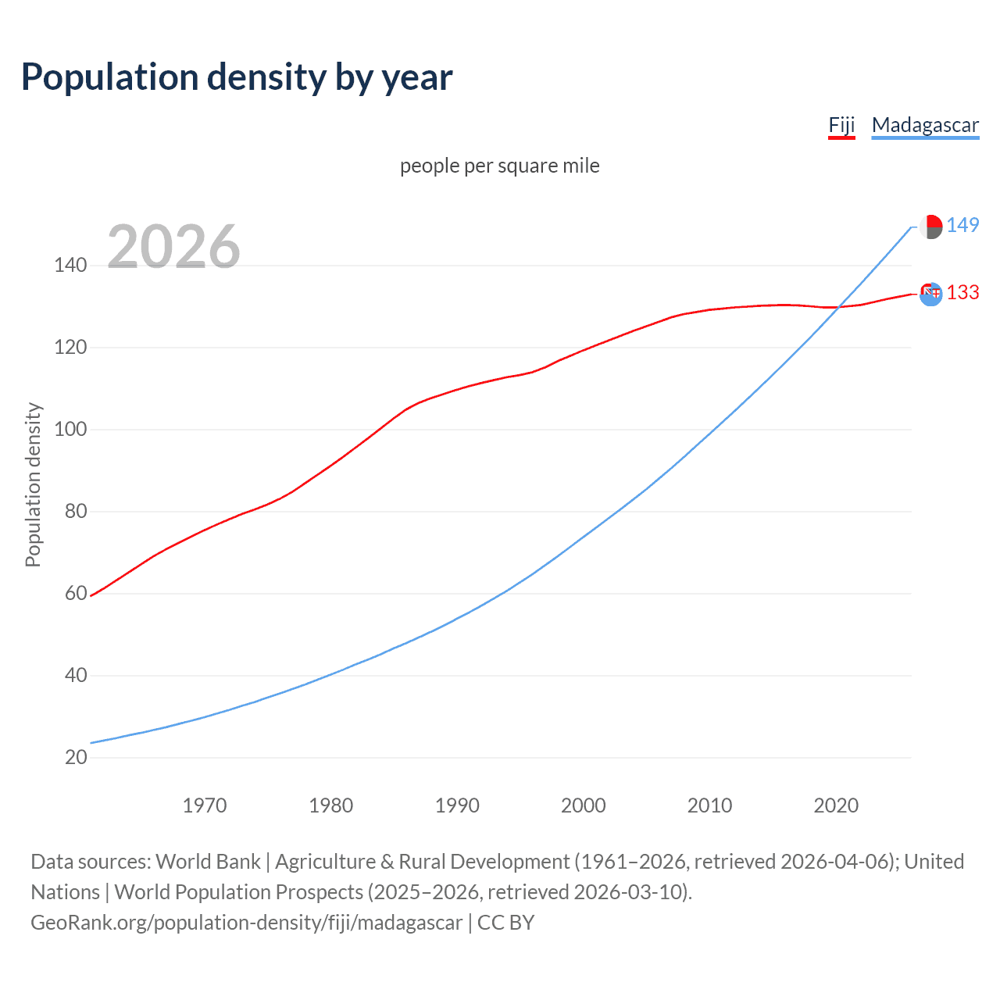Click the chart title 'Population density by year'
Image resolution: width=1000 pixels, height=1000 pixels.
click(x=237, y=77)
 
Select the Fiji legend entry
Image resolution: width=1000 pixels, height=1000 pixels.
click(x=841, y=126)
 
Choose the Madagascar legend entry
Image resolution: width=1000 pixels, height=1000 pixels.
click(x=925, y=126)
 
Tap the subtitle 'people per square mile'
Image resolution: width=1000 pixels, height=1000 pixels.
click(x=500, y=166)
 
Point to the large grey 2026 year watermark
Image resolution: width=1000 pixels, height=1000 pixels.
click(x=173, y=247)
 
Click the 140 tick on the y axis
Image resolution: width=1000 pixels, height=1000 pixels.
click(x=70, y=266)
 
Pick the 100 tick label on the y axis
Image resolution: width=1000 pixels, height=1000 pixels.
click(x=70, y=430)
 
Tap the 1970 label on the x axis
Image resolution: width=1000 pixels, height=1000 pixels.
click(x=205, y=805)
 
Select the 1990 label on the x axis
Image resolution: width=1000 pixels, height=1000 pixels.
click(x=457, y=805)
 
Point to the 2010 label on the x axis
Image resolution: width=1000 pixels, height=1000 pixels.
click(x=709, y=805)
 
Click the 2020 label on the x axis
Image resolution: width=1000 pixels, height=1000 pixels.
click(x=836, y=805)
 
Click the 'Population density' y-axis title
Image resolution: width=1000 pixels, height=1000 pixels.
click(x=33, y=484)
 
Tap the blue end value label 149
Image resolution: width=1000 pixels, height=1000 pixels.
click(x=962, y=226)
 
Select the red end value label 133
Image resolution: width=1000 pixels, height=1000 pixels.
click(x=962, y=293)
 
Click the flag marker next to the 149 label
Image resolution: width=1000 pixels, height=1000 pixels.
click(x=930, y=227)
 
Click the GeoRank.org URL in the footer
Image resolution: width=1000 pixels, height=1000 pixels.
click(x=246, y=923)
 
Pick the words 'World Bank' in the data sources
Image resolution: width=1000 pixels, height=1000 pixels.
click(x=208, y=862)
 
